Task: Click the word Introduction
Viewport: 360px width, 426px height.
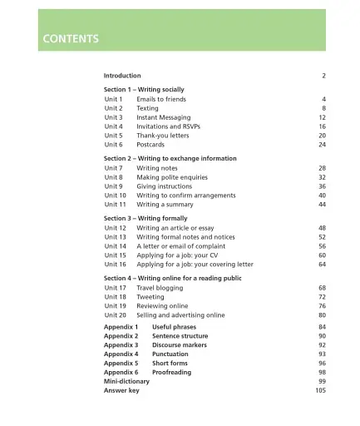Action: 122,76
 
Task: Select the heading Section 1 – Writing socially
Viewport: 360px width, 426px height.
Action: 144,89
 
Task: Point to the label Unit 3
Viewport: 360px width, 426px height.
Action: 113,117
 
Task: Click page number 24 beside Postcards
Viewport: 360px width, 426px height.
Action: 322,145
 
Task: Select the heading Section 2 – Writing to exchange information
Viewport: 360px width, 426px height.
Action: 170,158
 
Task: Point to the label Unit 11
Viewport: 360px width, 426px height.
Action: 115,205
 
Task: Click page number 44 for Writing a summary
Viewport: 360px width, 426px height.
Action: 322,205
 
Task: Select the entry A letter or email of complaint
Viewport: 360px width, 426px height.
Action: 180,246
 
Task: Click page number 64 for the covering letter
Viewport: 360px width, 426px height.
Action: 322,265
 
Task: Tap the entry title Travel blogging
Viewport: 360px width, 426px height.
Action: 161,288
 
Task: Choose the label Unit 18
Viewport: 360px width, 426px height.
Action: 115,297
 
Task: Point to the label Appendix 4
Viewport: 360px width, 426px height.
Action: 121,354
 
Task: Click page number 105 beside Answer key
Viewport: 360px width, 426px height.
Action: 320,390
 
